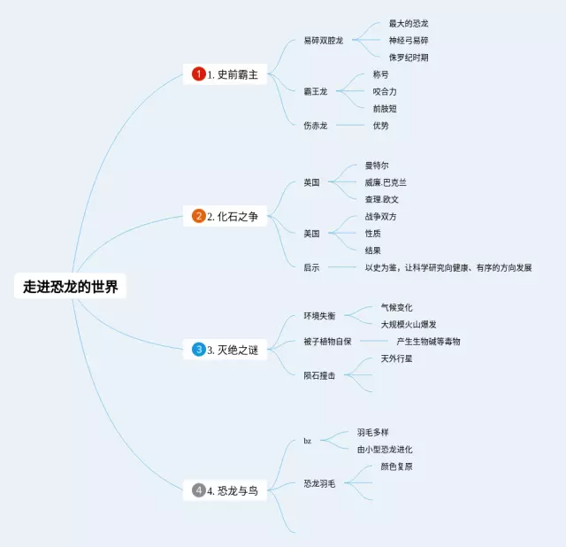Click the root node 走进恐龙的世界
[x=70, y=287]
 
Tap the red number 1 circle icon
[x=199, y=74]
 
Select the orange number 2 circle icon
[x=199, y=216]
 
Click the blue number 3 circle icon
[x=199, y=350]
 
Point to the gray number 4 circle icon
[x=199, y=489]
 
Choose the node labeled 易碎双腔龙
[x=323, y=41]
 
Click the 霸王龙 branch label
[x=316, y=91]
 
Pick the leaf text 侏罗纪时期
[x=409, y=57]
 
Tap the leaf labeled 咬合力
[x=385, y=91]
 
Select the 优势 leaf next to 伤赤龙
[x=380, y=126]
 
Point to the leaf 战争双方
[x=381, y=216]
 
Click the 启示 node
[x=311, y=266]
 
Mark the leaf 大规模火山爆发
[x=408, y=324]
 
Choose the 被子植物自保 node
[x=327, y=341]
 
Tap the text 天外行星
[x=396, y=358]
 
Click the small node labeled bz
[x=308, y=441]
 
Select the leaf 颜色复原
[x=396, y=466]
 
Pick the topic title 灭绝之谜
[x=239, y=350]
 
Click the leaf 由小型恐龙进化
[x=385, y=450]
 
